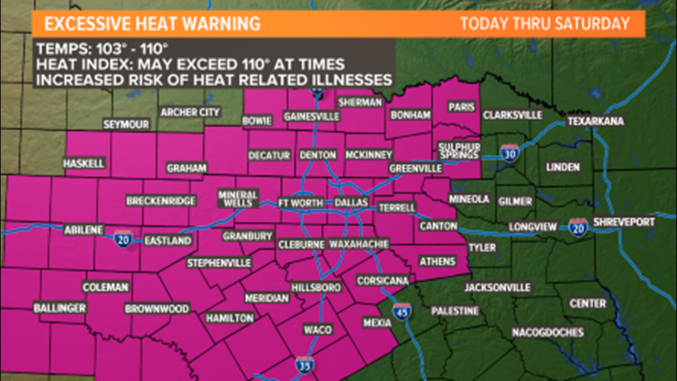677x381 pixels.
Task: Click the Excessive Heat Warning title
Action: (153, 24)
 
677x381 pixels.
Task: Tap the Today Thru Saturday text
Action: (545, 24)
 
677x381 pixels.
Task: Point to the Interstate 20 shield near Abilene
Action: (123, 240)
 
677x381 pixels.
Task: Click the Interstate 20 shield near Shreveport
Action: (576, 226)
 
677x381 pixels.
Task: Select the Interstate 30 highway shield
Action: (510, 153)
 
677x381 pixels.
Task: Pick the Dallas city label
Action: (351, 203)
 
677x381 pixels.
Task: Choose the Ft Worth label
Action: (300, 203)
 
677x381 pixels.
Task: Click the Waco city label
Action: (313, 329)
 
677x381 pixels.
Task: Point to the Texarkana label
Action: (596, 121)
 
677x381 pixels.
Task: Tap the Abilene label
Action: (84, 230)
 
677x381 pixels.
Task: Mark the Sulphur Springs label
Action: (458, 151)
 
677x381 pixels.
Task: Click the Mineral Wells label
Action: (238, 199)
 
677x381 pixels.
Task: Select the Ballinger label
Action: (60, 308)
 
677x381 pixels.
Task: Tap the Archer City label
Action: (190, 112)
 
